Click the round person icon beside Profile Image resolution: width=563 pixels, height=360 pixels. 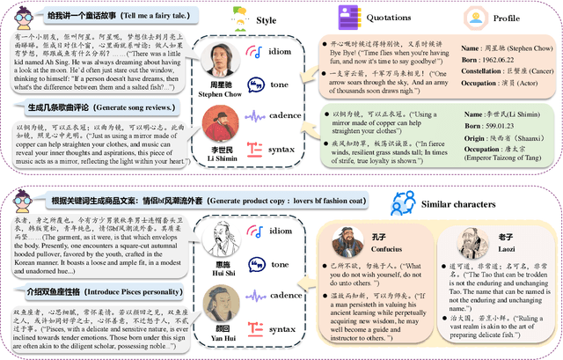[475, 17]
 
